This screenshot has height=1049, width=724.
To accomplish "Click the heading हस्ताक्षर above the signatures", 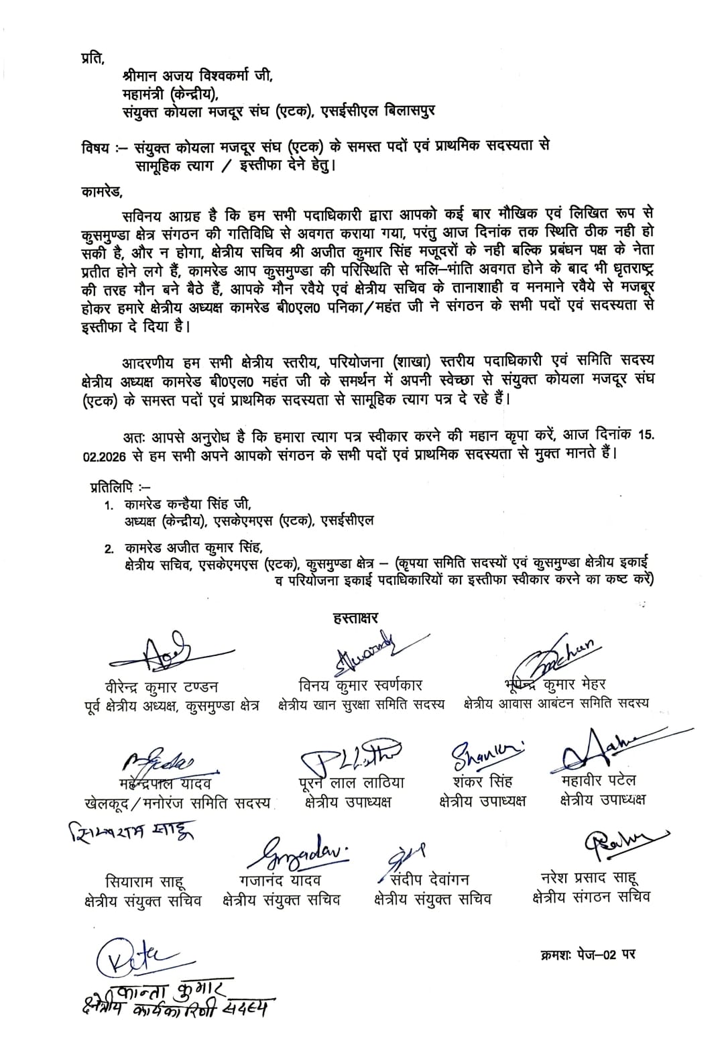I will coord(356,618).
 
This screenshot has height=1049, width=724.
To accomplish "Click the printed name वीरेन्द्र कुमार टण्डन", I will coord(156,687).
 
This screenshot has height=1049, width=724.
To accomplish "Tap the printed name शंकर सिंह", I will coord(482,781).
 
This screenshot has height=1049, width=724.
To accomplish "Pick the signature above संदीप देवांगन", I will coord(406,856).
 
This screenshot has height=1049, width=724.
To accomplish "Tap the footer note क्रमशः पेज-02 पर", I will coord(587,953).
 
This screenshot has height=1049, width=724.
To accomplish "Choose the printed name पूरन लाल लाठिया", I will coord(351,782).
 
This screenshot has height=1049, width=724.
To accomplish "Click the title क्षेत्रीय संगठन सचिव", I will coord(591,896).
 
